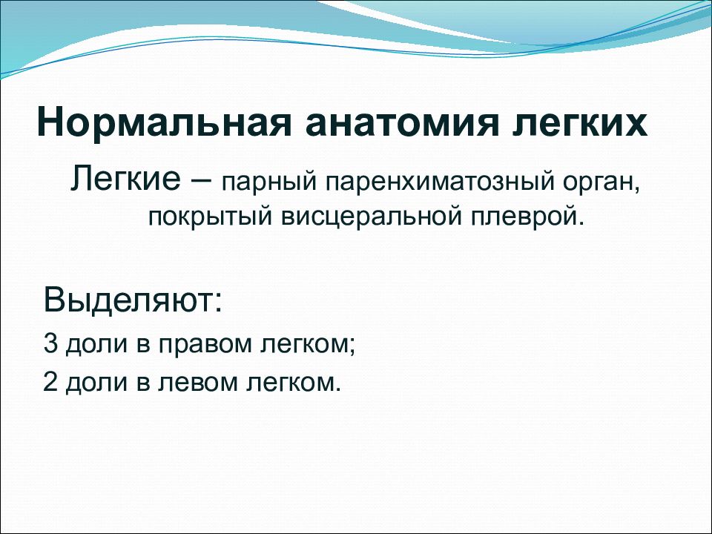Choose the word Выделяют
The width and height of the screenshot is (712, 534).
click(x=133, y=300)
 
